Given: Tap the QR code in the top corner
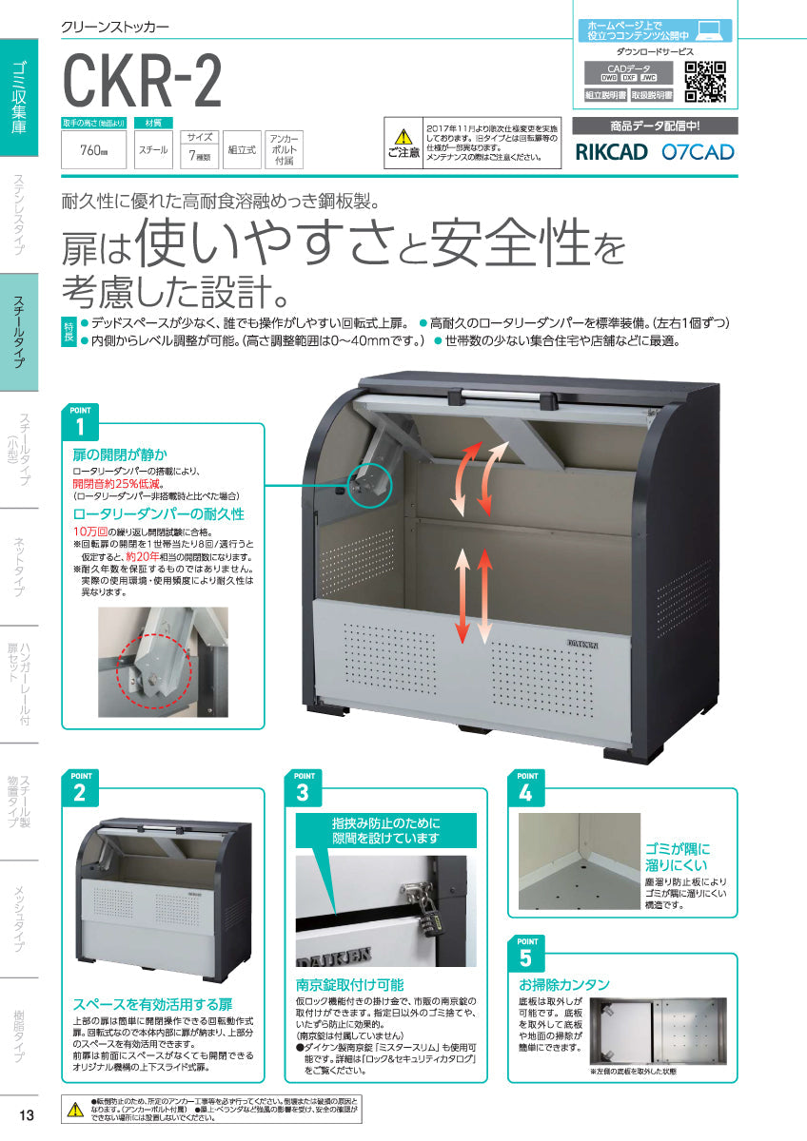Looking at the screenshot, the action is (705, 81).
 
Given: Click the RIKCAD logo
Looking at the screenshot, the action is (610, 151).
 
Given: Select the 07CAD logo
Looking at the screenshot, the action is (698, 151).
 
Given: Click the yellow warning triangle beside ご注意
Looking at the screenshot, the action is (404, 137).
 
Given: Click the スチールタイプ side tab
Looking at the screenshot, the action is (19, 333).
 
